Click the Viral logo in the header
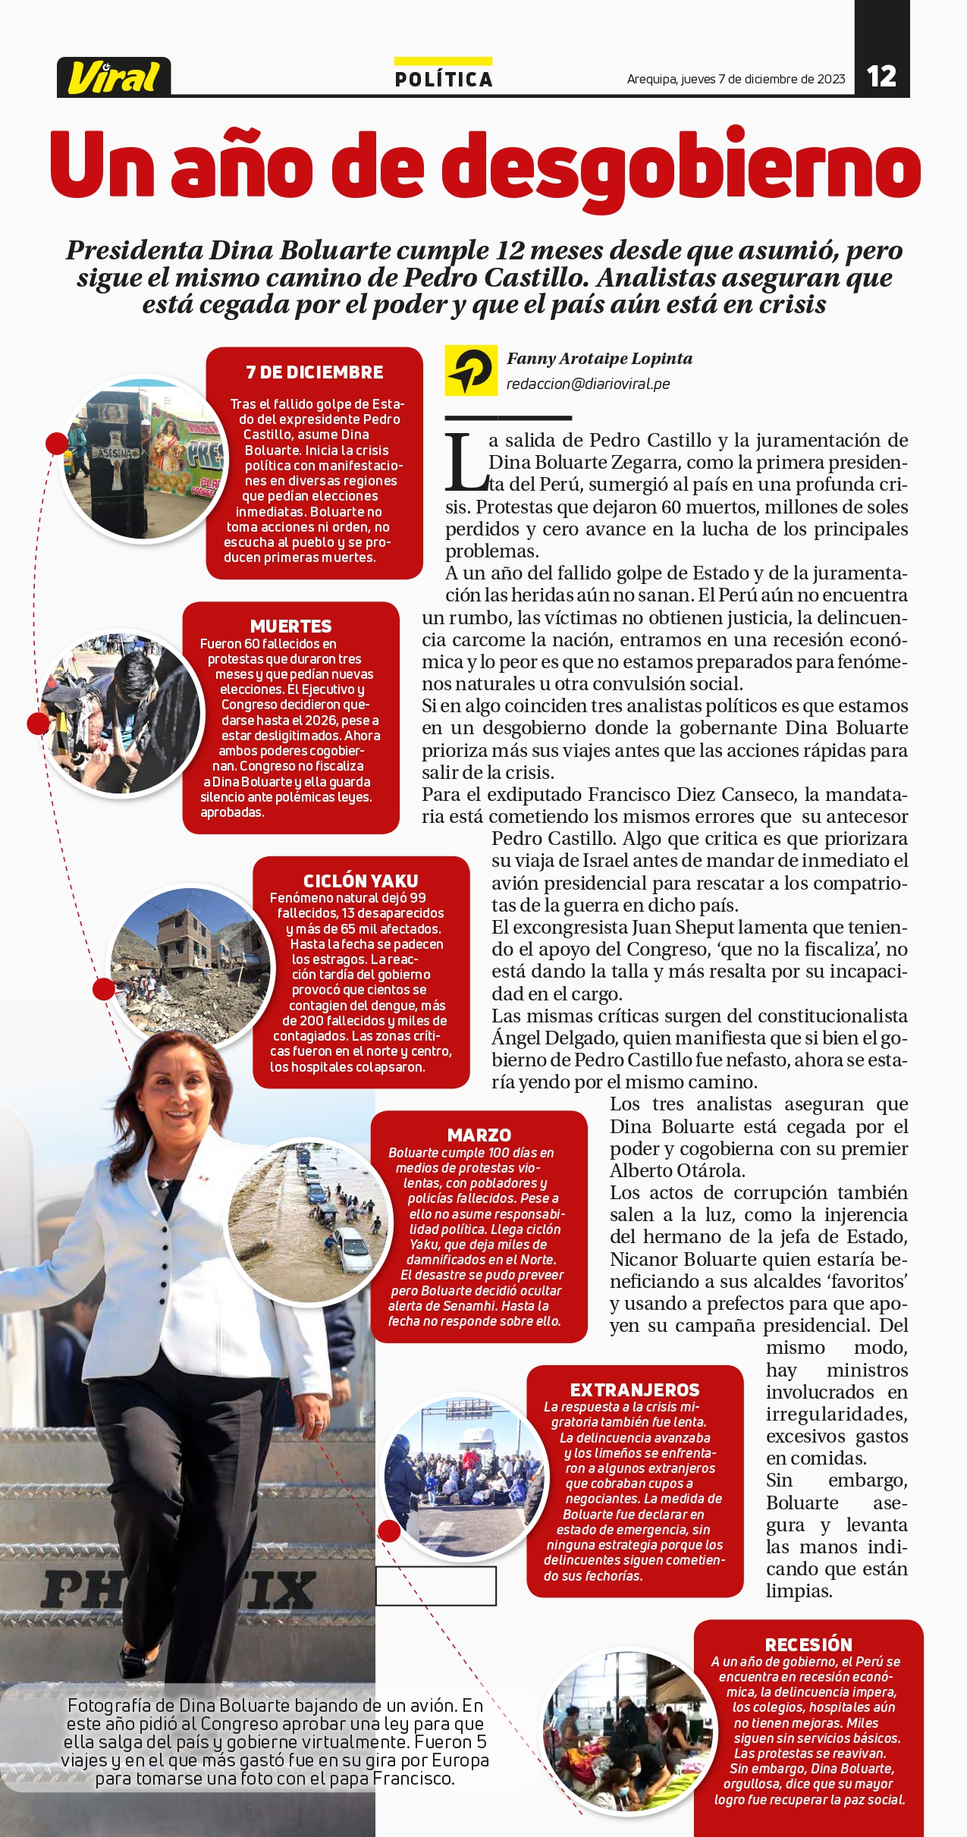114,77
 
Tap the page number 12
881,77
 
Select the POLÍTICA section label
444,79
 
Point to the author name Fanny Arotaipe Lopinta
599,359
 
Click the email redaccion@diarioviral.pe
588,384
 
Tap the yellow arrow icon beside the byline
470,371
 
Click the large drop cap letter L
465,463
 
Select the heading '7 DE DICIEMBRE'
314,372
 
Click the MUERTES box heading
290,626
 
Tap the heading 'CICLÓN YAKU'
360,881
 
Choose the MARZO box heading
479,1135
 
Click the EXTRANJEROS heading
634,1390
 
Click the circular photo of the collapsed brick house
190,966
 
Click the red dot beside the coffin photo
57,444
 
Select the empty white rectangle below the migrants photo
435,1585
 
